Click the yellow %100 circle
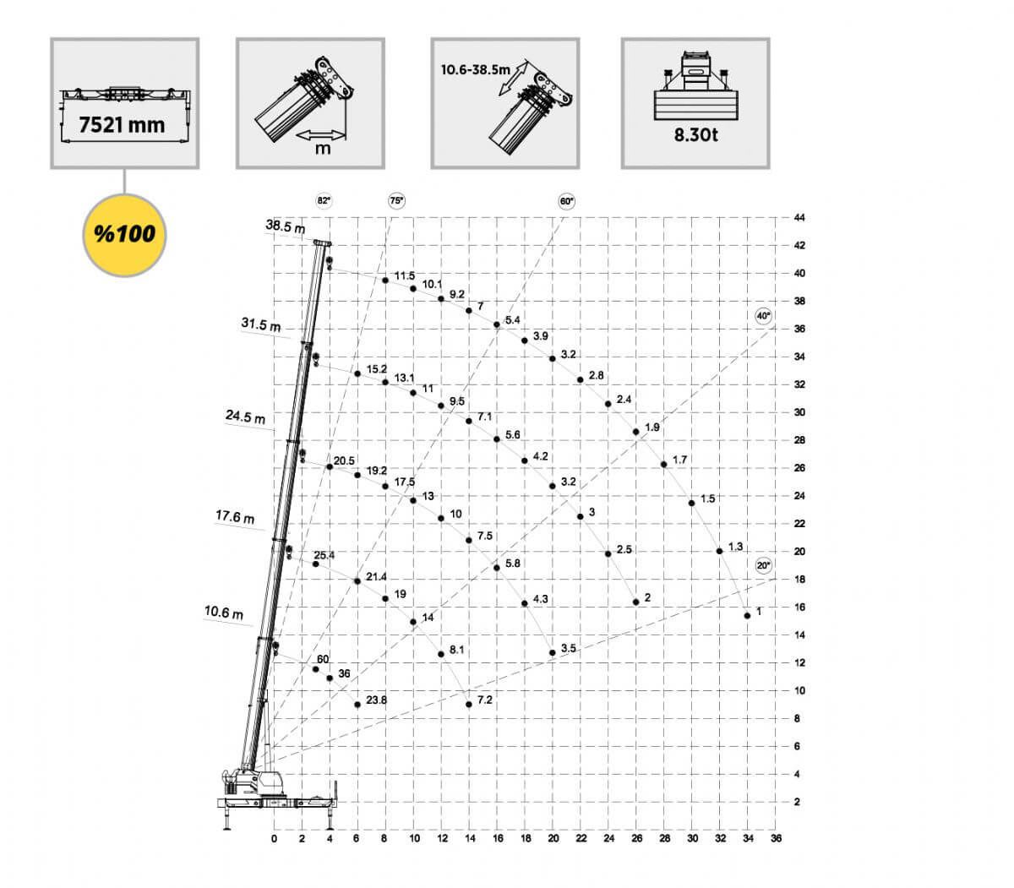coord(124,235)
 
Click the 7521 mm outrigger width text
coord(122,125)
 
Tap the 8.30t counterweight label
coord(695,134)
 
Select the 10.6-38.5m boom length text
coord(475,70)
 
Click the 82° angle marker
coord(324,201)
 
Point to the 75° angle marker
coord(396,201)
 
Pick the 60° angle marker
coord(566,201)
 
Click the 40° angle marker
coord(763,316)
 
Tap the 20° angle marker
coord(763,565)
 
